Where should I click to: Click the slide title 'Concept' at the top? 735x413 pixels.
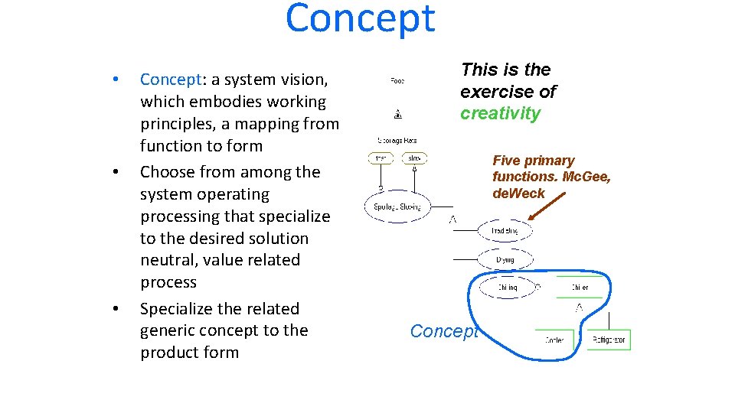360,19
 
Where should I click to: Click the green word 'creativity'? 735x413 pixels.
500,114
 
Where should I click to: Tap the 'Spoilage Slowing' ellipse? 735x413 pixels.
397,206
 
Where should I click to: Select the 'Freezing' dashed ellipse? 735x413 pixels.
505,230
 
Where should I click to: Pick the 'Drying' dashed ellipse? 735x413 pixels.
505,259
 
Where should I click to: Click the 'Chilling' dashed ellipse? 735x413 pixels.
507,288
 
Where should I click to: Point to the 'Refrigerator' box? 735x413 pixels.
610,340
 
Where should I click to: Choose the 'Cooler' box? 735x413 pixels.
555,340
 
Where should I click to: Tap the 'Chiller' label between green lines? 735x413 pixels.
580,288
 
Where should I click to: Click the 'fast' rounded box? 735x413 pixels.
382,158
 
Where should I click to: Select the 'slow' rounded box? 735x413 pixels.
414,158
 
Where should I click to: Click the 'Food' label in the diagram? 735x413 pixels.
397,80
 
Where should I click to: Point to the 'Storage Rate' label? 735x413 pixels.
397,139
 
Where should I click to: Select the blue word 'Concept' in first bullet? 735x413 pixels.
170,80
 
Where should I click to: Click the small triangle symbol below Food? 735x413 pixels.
397,115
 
